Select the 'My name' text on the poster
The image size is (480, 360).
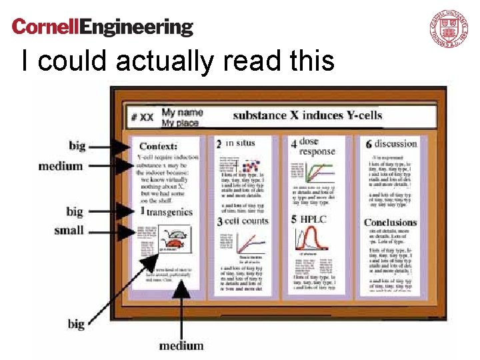[x=182, y=112]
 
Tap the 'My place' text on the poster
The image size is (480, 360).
[x=180, y=123]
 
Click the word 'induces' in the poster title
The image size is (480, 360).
[x=322, y=115]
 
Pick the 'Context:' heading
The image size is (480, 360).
[x=158, y=146]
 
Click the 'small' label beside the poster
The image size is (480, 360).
[x=69, y=231]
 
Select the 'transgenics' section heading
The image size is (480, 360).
[x=169, y=212]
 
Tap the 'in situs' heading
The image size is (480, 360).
[x=240, y=143]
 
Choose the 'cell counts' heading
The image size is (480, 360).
[x=246, y=221]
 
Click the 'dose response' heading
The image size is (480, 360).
[x=317, y=146]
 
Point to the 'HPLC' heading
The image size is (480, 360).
[x=313, y=219]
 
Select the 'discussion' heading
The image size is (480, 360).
[x=395, y=143]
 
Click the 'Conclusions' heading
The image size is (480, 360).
[x=390, y=222]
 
